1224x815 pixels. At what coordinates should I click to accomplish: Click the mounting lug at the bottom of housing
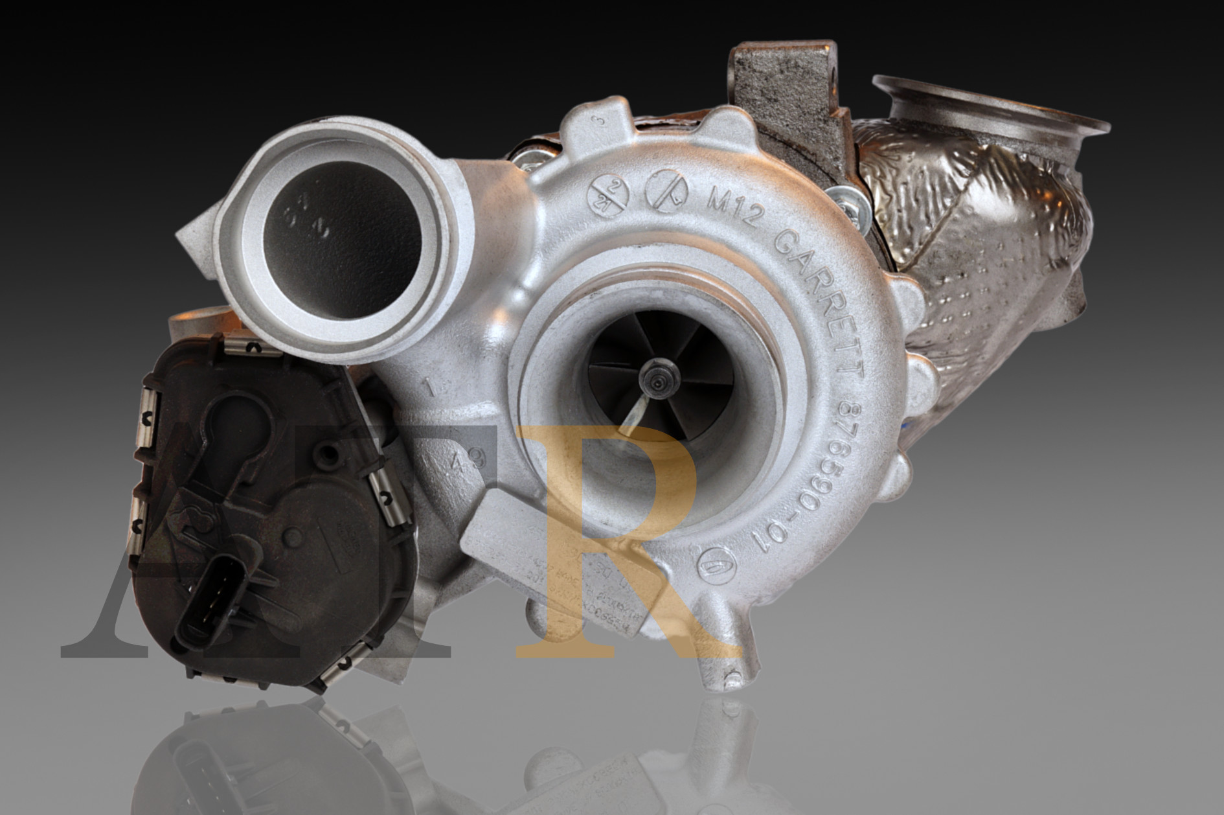(729, 674)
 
